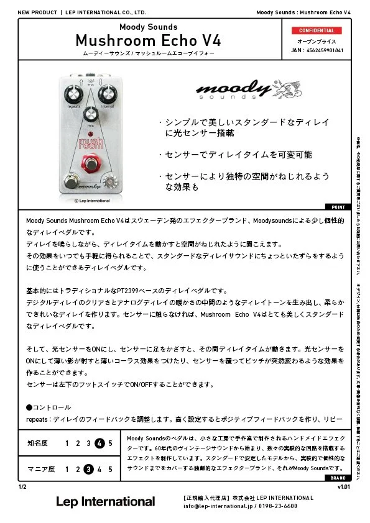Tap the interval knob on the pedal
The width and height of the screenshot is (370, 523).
pos(108,94)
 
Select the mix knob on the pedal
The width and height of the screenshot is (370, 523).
pos(91,115)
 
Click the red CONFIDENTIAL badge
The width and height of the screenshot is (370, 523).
pos(317,30)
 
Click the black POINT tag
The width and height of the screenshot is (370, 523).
pos(337,207)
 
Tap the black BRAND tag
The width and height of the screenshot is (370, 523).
pos(337,478)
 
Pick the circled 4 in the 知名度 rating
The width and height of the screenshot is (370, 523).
pos(99,443)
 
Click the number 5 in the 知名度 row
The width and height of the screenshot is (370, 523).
pos(110,443)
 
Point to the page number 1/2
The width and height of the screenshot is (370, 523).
pos(22,487)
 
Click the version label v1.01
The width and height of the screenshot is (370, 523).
pos(343,487)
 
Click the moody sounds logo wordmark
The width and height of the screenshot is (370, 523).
pos(225,91)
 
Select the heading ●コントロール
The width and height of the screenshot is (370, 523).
pos(49,407)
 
